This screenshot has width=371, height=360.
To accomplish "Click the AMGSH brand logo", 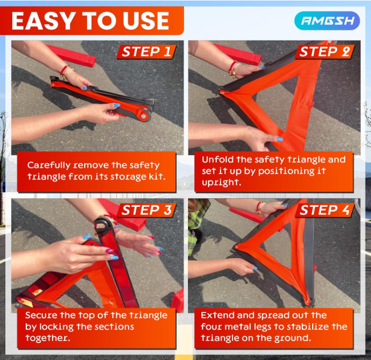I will (327, 21).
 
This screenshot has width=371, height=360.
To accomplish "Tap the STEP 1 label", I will (146, 52).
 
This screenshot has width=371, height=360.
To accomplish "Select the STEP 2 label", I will (324, 52).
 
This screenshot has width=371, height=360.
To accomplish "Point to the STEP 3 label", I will (146, 210).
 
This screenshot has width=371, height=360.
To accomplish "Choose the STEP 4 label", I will (324, 210).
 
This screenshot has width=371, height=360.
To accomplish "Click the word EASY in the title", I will (42, 21).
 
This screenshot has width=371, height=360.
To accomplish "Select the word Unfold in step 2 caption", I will (217, 160).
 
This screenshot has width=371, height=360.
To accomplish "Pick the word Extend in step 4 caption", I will (217, 316).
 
